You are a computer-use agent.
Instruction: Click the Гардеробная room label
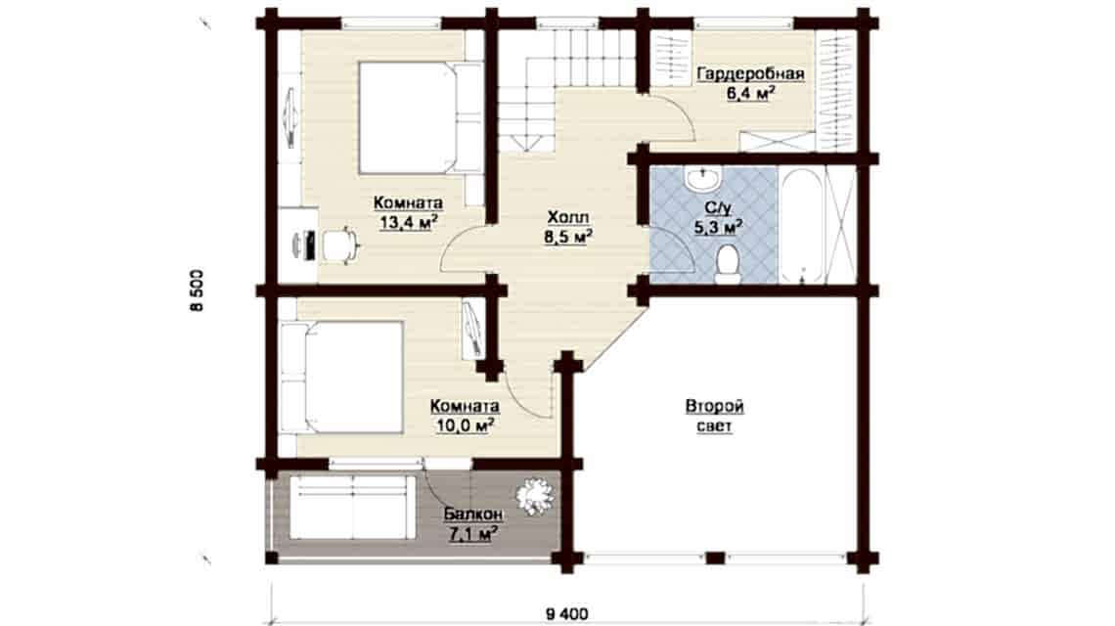tap(750, 74)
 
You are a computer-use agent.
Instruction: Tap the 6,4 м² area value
tap(750, 93)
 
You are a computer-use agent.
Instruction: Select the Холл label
tap(568, 217)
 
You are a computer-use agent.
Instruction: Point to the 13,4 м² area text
tap(408, 223)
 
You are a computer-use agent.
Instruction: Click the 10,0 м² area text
tap(465, 425)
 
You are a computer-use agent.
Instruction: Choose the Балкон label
tap(472, 514)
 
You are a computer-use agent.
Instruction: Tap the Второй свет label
tap(715, 416)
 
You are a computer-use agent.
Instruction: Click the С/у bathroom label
tap(718, 208)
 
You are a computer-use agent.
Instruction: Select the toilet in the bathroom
tap(727, 264)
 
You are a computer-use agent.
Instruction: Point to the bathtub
tap(803, 225)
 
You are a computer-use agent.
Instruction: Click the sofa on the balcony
tap(353, 508)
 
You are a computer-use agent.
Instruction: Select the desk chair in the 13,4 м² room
tap(340, 245)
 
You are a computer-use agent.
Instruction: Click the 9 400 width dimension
tap(567, 613)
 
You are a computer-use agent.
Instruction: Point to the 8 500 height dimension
tap(197, 290)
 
